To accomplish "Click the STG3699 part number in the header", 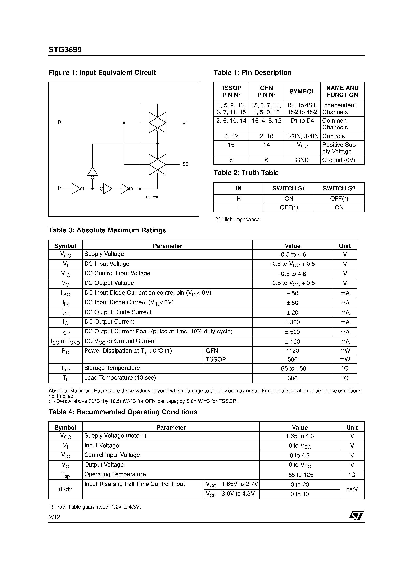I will point(65,50).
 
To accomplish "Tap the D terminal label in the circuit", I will point(60,122).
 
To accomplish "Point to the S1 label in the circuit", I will point(185,122).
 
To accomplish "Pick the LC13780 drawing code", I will point(151,197).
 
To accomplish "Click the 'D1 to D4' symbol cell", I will point(302,121).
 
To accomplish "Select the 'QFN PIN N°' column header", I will point(266,91).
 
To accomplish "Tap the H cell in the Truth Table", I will point(239,199).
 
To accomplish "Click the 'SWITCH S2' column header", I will point(339,188).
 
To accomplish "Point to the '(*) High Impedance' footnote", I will point(237,220).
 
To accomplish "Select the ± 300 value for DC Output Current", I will point(292,322).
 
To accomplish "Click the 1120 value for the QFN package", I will point(292,351).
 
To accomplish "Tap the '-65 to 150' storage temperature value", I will point(292,368).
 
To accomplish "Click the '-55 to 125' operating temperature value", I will point(300,475).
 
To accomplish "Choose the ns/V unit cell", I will point(352,489).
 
